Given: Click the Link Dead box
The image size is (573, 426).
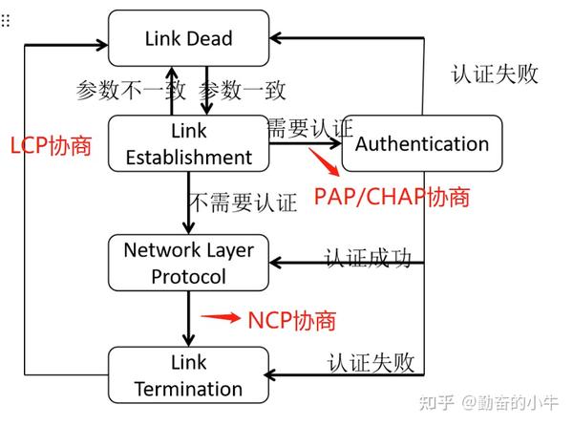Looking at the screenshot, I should point(188,38).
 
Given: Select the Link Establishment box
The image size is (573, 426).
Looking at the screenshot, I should point(188,143).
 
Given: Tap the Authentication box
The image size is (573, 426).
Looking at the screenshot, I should point(421,144).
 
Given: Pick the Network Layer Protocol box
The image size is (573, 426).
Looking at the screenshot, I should point(188,263).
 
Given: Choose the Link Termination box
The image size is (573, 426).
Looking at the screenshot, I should point(188,375).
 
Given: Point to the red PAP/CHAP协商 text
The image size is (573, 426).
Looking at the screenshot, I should point(392,197).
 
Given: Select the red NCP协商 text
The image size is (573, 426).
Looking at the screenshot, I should point(291,319).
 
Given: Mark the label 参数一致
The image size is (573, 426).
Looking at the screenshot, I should point(242,91).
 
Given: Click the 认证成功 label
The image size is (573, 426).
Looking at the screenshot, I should point(368,258).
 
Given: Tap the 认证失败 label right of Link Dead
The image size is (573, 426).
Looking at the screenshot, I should point(494,74).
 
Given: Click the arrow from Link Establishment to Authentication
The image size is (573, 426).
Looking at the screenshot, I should point(306,144).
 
